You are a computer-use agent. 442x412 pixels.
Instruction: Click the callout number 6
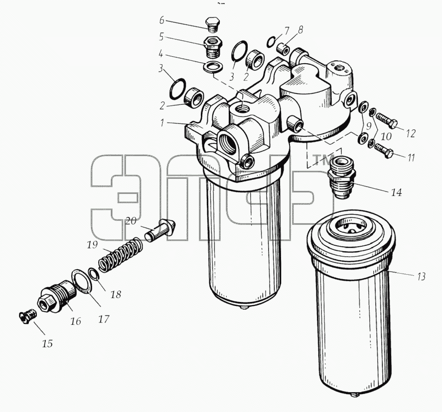click(162, 20)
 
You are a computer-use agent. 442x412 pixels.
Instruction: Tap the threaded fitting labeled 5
click(213, 46)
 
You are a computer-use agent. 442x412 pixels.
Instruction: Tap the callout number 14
click(396, 193)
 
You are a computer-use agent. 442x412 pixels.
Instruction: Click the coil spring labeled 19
click(120, 255)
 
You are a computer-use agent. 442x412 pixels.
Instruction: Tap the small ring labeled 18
click(93, 273)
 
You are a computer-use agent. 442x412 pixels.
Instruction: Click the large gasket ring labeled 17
click(82, 282)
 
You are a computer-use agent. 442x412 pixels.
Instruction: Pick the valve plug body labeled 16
click(57, 297)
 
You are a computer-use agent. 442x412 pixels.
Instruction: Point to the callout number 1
click(162, 123)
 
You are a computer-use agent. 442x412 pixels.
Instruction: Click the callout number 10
click(386, 136)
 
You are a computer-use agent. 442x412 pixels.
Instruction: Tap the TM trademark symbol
click(323, 160)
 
